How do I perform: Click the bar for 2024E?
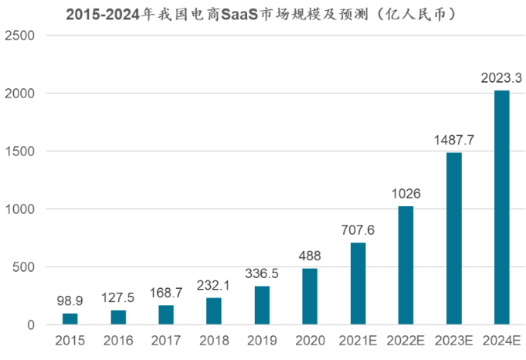coord(501,208)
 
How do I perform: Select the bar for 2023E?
coord(453,239)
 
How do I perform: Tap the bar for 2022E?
coord(406,265)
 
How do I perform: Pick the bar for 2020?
coord(310,297)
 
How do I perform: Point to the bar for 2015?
coord(70,319)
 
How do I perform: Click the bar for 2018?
coord(214,311)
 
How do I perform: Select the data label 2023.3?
coord(501,78)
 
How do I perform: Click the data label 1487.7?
coord(453,140)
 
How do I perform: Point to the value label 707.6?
coord(358,230)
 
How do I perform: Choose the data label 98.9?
coord(70,301)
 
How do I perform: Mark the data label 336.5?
coord(262,273)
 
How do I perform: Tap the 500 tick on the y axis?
coord(23,267)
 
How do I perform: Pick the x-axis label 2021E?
coord(358,341)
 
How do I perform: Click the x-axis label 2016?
coord(118,341)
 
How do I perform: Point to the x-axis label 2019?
coord(262,341)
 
